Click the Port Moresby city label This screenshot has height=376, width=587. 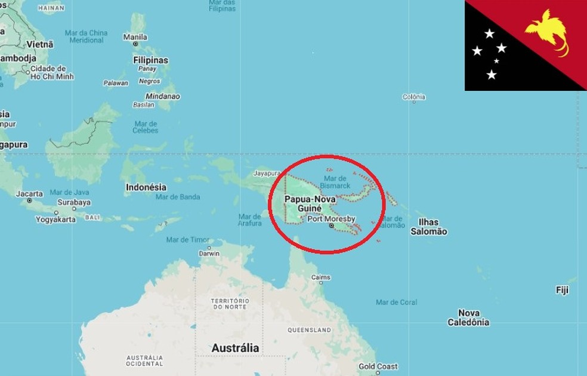point(331,219)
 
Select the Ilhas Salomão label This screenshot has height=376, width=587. point(428,227)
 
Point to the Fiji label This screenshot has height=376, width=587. point(562,290)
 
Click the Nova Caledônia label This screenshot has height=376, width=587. point(468,317)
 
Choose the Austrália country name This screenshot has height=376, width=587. point(236,347)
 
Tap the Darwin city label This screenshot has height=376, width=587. point(209,253)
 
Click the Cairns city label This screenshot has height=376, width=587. point(320,277)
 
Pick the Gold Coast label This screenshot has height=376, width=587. point(378,366)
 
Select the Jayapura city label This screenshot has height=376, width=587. point(266,173)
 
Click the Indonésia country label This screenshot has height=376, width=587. point(146,187)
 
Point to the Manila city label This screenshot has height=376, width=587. point(135,37)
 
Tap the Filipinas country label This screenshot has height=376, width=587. point(150,60)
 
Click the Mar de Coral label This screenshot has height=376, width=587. point(396,302)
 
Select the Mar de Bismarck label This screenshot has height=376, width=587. point(335,182)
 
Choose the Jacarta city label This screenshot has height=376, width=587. point(29,194)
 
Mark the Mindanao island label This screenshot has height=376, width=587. point(162,96)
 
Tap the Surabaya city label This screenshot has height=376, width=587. point(74,202)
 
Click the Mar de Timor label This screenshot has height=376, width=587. point(188,240)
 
